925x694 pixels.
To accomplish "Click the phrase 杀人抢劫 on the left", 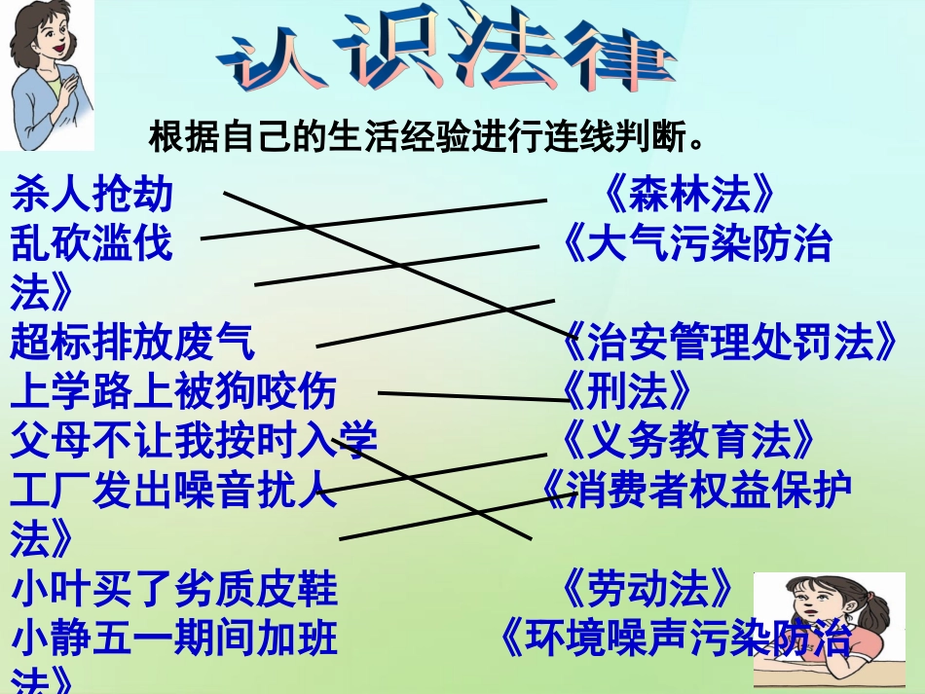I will [x=92, y=195].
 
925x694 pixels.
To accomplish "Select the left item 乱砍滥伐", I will [x=92, y=243].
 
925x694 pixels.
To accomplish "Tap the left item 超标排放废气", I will [x=132, y=343].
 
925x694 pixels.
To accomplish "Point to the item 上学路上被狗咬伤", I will [x=173, y=391].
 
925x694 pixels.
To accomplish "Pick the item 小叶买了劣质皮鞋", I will [x=173, y=589].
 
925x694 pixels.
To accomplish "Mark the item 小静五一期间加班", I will [x=173, y=639].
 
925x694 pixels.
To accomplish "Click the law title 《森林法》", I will [x=690, y=195].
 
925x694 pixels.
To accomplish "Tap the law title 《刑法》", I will [x=628, y=391].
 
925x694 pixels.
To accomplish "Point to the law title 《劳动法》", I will [x=648, y=589].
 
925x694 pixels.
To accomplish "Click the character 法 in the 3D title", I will [x=507, y=55].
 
